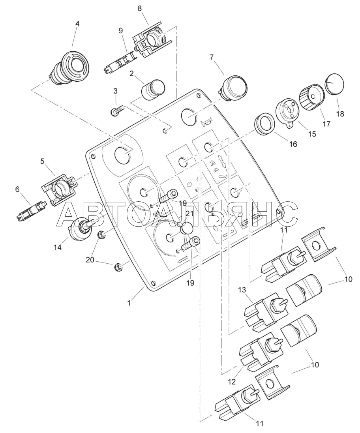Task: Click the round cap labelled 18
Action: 335,84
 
